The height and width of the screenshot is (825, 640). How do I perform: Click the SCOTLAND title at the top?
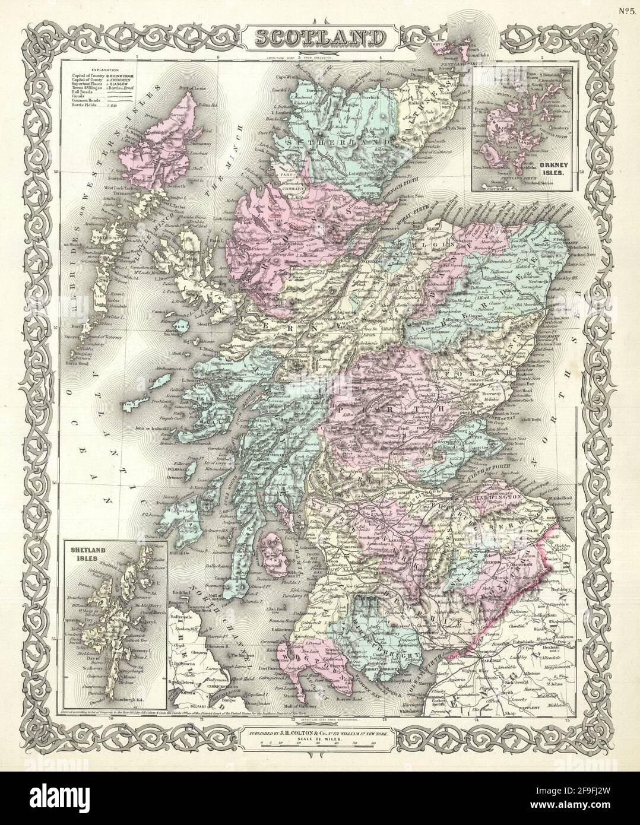click(x=320, y=38)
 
